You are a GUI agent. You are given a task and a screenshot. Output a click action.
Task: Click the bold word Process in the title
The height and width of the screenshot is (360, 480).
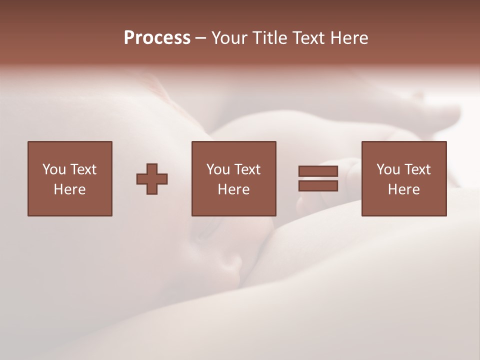[157, 38]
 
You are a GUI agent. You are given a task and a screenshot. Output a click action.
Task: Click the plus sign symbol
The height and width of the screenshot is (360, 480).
[152, 179]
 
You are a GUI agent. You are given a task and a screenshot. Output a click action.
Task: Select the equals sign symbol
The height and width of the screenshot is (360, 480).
[318, 178]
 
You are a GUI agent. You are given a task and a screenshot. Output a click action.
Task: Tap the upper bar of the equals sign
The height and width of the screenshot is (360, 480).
[318, 171]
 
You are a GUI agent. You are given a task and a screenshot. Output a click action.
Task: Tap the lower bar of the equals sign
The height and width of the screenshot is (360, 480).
[318, 186]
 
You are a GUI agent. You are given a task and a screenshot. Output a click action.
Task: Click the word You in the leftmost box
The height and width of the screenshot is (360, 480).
[54, 169]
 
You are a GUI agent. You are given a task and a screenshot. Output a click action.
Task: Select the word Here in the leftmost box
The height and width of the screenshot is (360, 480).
[70, 189]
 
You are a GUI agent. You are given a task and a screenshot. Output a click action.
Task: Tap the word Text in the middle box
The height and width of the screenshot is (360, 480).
[247, 169]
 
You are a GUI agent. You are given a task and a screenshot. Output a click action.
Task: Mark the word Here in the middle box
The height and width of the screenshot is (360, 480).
[234, 189]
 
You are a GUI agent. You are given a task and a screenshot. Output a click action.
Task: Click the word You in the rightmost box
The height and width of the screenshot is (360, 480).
[388, 169]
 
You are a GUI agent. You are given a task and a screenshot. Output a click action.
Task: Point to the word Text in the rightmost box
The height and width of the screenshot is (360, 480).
[417, 169]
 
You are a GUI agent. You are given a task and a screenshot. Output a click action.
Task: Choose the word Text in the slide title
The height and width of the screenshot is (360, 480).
[308, 38]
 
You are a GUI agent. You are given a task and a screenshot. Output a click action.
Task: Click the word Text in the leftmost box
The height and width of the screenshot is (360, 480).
[83, 169]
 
